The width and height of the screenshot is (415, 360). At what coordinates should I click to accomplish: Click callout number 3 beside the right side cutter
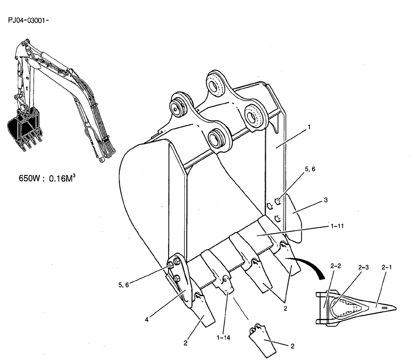(x=326, y=200)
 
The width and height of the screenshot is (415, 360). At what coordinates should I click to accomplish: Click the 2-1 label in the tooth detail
(x=386, y=268)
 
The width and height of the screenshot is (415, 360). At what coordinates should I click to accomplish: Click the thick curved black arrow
(x=309, y=265)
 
